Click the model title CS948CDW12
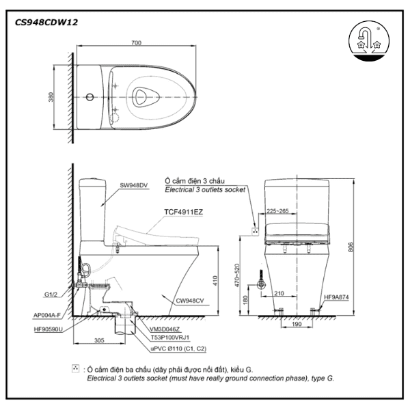tap(46, 22)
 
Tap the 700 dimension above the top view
tap(137, 42)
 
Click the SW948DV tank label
tap(134, 185)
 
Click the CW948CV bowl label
tap(189, 299)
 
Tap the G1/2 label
tap(51, 295)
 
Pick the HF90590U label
tap(48, 329)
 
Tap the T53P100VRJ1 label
tap(169, 337)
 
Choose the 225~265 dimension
tap(277, 211)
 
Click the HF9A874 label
tap(336, 298)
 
